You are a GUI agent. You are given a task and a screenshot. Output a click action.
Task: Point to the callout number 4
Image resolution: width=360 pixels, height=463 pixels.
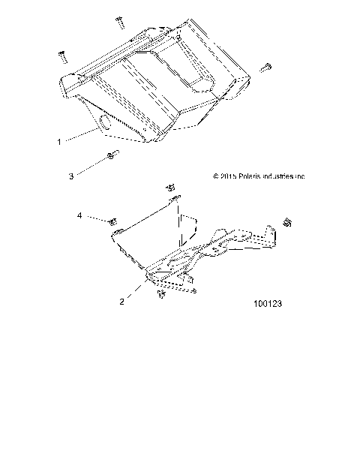(79, 215)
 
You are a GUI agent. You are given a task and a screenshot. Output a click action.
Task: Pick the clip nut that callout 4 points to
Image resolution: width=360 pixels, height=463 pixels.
(113, 221)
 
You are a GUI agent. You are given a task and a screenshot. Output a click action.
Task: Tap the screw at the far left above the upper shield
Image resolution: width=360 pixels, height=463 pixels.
(63, 56)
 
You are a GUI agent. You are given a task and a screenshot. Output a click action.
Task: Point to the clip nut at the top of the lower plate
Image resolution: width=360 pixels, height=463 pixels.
(170, 189)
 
